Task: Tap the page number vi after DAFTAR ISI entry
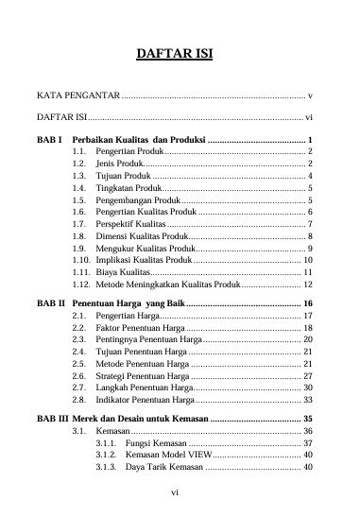(x=309, y=118)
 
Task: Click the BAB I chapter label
(x=48, y=140)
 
